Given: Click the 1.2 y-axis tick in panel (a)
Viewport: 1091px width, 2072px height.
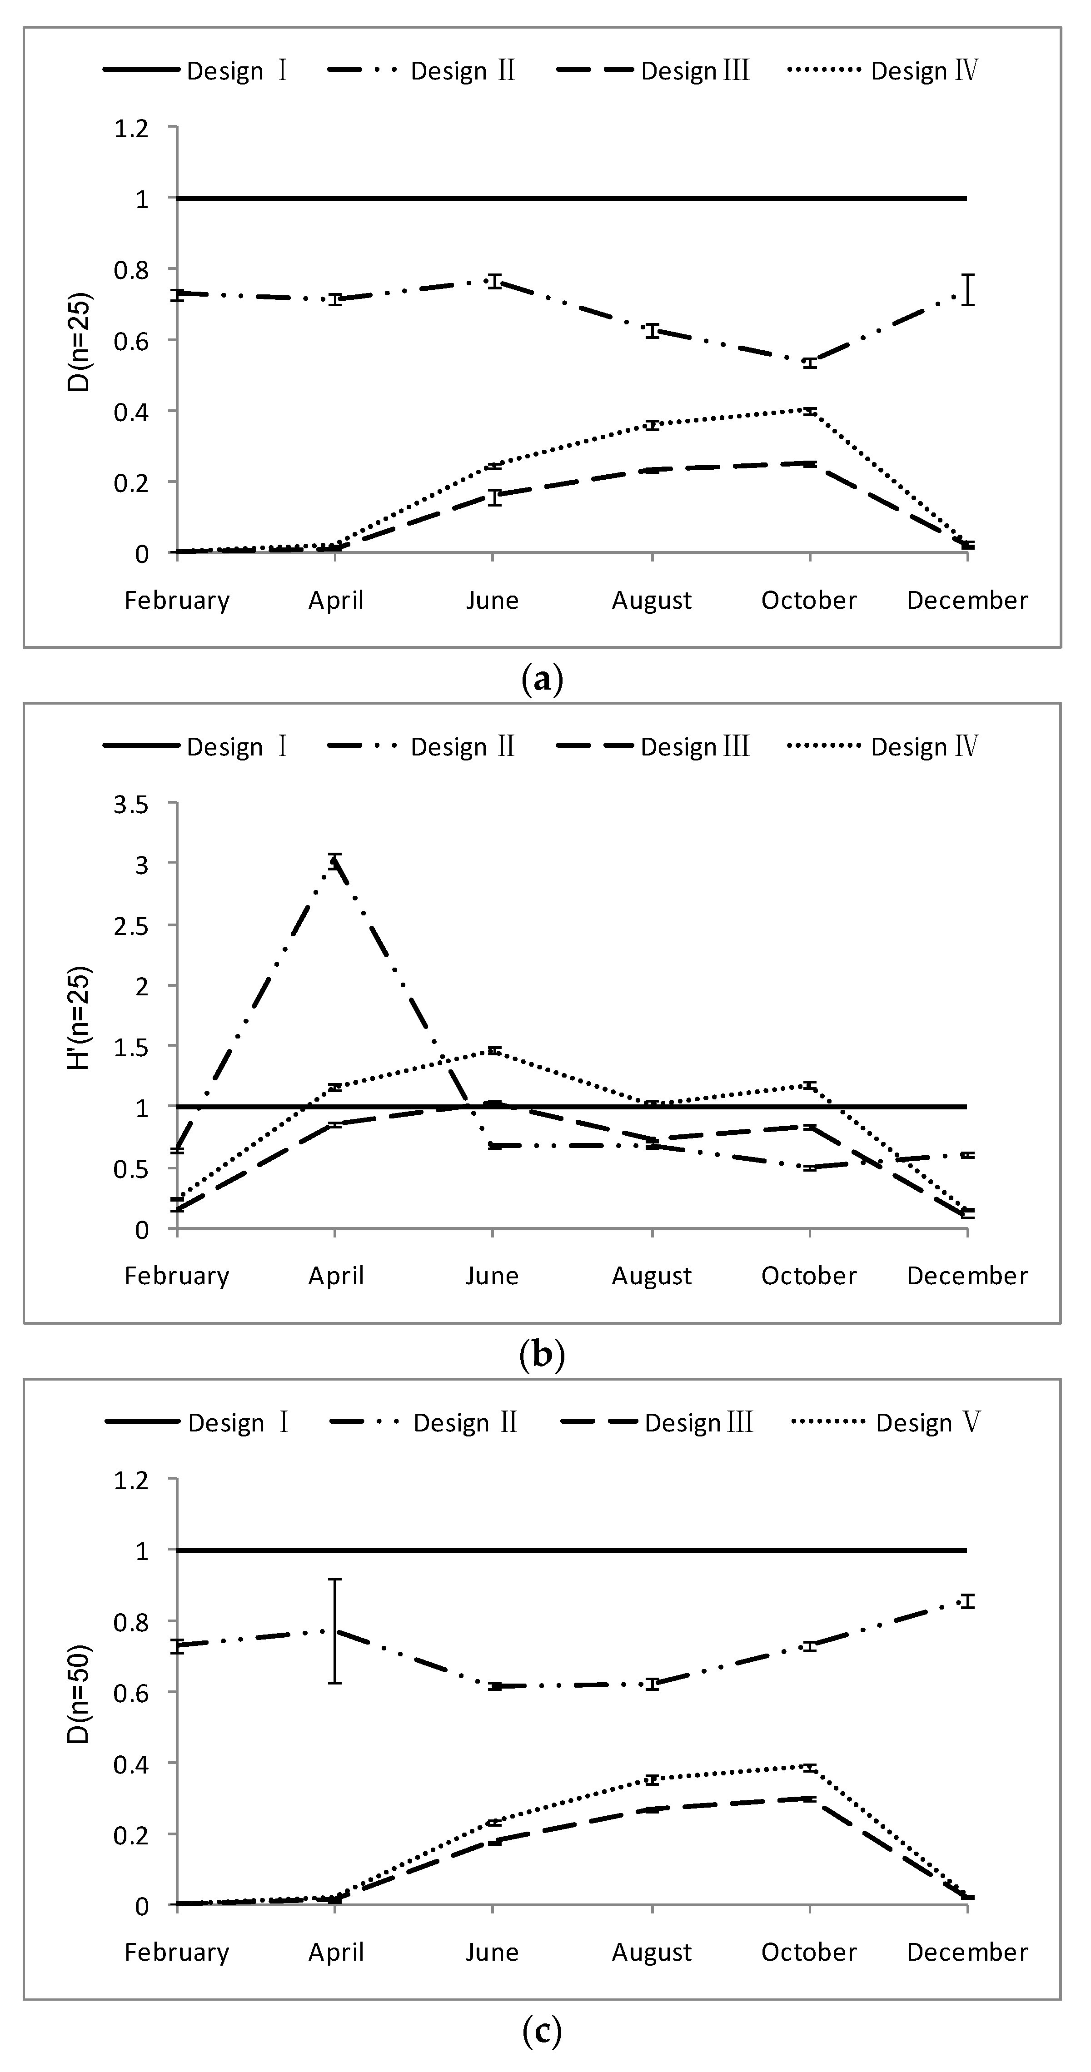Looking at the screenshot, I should coord(132,128).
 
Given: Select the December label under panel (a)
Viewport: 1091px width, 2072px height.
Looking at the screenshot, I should coord(967,601).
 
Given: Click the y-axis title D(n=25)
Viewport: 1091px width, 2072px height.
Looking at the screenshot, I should coord(80,342).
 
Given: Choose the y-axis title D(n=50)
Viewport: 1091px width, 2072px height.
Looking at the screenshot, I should coord(80,1694).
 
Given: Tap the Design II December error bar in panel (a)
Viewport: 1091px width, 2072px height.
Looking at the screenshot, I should coord(969,290).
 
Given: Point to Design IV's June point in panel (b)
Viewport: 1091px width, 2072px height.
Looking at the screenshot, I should coord(493,1050).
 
